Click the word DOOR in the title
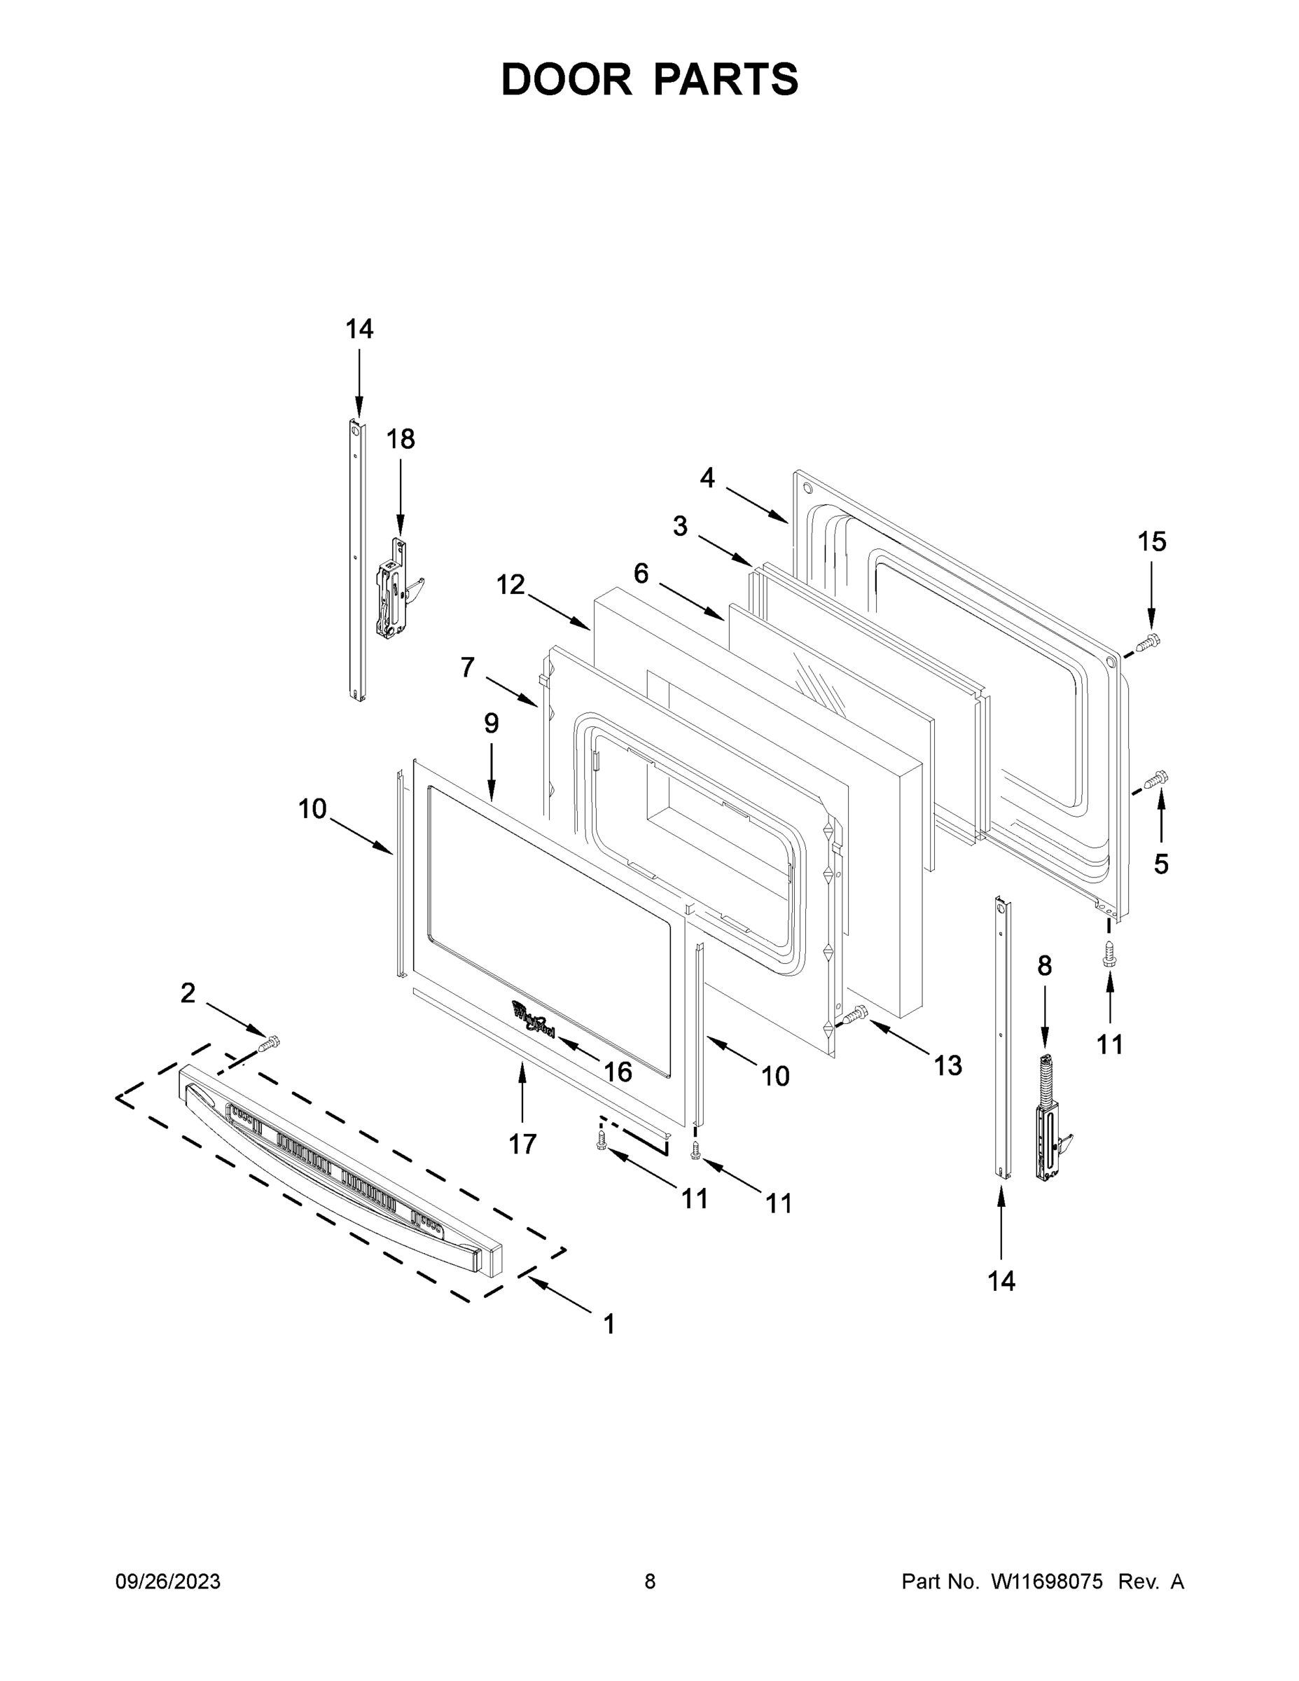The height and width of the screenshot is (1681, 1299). click(x=566, y=79)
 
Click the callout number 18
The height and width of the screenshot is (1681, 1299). click(x=400, y=439)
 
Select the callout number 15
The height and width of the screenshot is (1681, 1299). click(x=1152, y=542)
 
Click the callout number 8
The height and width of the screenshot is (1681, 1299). click(x=1044, y=965)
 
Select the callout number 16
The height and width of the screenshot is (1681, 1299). click(x=618, y=1072)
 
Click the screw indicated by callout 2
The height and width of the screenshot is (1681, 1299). click(x=270, y=1044)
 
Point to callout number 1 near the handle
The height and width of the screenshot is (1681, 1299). click(x=609, y=1324)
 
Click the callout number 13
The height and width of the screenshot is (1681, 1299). click(x=948, y=1065)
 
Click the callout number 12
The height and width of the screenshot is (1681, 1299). click(x=510, y=585)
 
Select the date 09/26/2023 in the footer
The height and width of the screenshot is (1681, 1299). click(x=168, y=1582)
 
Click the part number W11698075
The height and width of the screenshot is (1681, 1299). click(x=1047, y=1582)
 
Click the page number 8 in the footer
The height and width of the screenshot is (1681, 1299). click(x=650, y=1582)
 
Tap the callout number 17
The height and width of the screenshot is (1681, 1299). click(x=522, y=1144)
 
